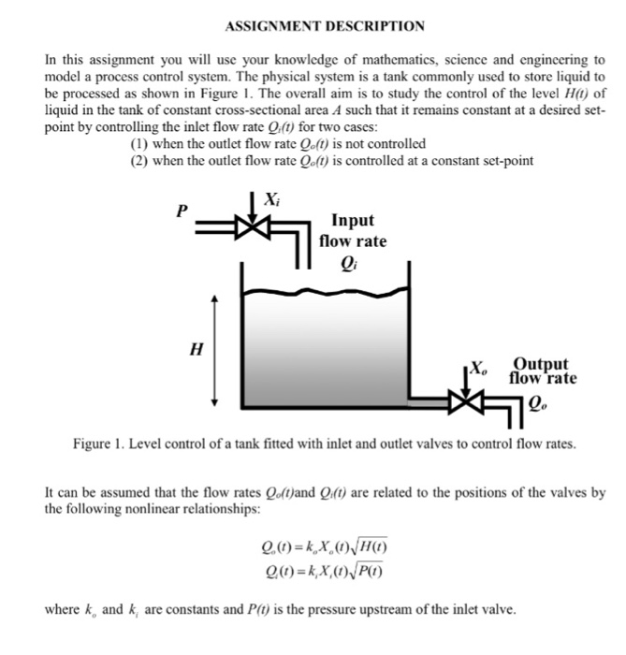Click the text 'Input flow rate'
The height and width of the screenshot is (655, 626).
coord(353,230)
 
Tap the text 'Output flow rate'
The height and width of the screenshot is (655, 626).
coord(542,371)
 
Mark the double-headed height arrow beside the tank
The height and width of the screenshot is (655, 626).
coord(216,349)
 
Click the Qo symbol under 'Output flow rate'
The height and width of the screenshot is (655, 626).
coord(537,403)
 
